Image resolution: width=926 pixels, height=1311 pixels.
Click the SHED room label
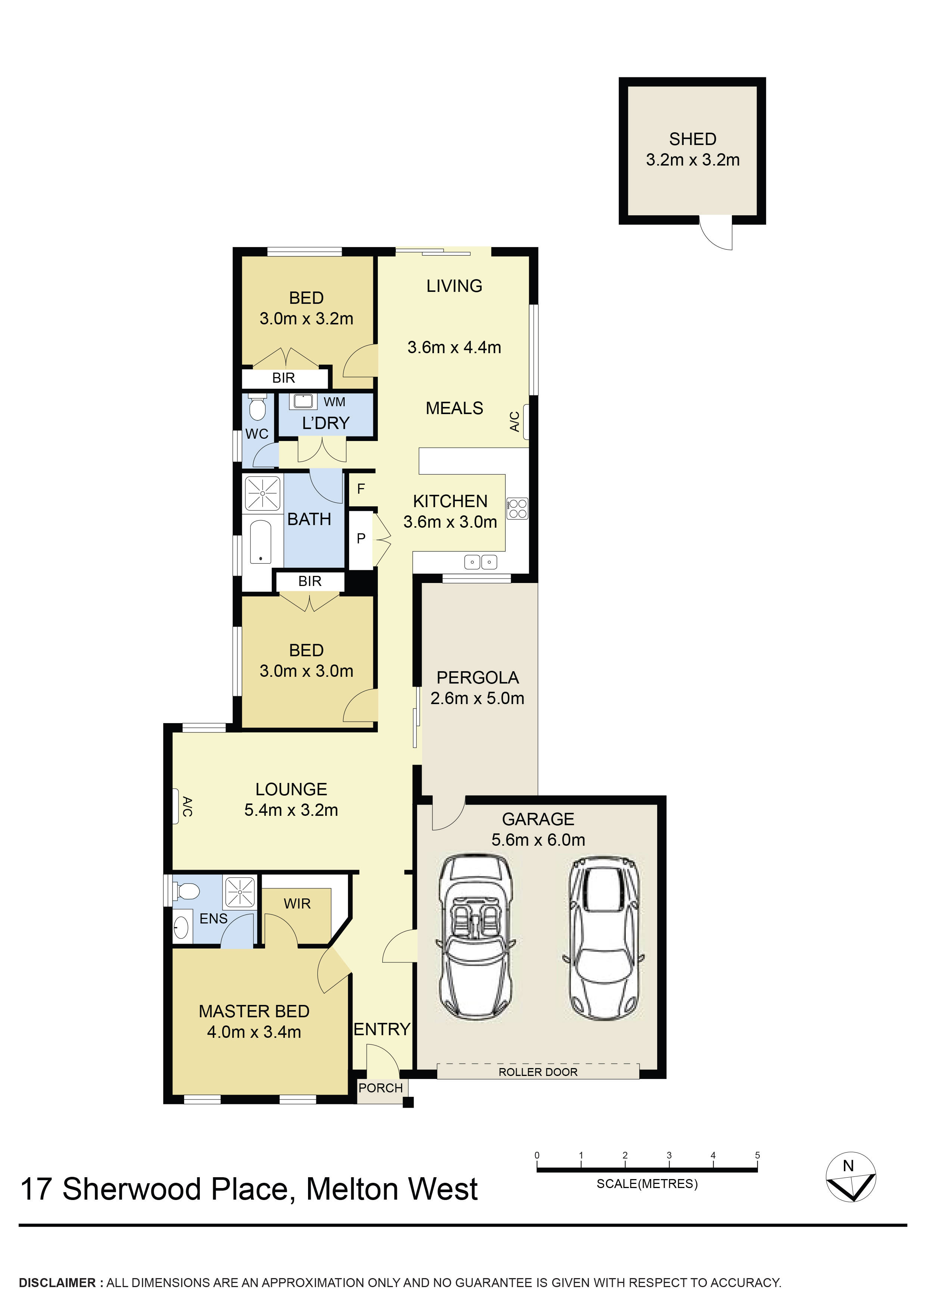(692, 139)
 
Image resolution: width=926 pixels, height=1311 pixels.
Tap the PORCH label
(380, 1088)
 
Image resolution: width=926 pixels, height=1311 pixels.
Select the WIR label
(297, 903)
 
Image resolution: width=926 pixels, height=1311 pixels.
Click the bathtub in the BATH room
(261, 541)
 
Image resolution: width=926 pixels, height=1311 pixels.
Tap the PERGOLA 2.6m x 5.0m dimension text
(477, 698)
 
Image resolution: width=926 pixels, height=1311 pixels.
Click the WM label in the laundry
(334, 402)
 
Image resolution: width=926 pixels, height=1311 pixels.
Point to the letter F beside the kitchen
(361, 488)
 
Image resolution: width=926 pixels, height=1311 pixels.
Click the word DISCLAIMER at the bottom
(57, 1283)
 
